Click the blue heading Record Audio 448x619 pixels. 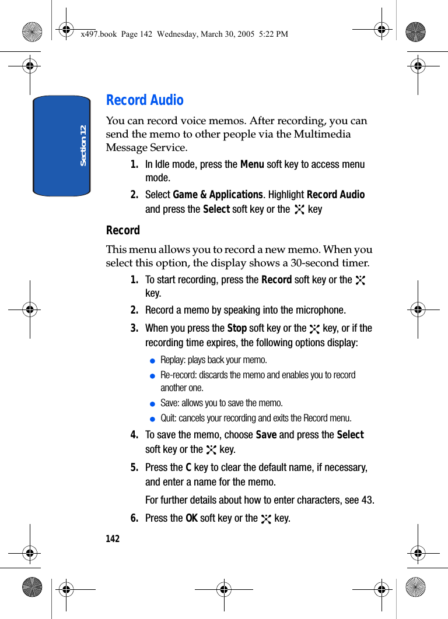(145, 100)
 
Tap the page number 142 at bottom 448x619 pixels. (113, 539)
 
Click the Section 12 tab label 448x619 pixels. (83, 145)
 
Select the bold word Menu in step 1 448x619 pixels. (252, 164)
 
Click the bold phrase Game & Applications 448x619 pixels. (218, 195)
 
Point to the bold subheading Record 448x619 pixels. (123, 230)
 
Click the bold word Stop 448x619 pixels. (237, 328)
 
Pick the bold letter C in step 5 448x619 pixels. (188, 467)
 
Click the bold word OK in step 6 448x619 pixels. (191, 518)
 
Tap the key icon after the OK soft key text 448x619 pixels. (267, 519)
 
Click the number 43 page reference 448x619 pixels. (367, 500)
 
